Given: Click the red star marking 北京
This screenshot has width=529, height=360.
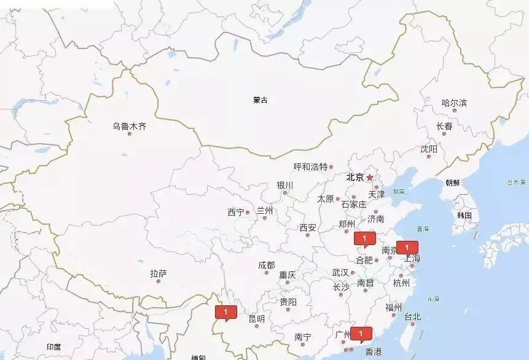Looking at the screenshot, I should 369,178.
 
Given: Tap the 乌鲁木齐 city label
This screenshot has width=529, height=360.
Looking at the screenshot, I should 129,127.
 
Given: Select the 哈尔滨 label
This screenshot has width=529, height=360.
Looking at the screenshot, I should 454,103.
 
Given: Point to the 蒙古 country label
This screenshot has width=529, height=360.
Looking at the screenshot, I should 261,100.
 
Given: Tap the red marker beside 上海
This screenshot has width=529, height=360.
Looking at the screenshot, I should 407,248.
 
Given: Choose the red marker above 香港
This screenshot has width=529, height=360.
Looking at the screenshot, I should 361,334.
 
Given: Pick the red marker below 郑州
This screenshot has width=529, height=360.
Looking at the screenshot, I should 364,238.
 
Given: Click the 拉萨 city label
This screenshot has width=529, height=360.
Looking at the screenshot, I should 158,273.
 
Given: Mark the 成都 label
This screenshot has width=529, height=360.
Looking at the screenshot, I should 267,265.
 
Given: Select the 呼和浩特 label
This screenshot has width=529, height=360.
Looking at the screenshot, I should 310,166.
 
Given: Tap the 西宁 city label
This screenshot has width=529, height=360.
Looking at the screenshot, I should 235,213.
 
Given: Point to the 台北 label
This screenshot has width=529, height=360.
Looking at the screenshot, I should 412,317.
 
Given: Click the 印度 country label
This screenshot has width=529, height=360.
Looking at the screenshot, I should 53,347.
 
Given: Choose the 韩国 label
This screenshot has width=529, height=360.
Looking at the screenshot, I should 464,216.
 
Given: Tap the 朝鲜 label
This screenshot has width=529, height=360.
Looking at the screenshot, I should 452,182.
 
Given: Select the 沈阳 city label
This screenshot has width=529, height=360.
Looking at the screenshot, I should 429,149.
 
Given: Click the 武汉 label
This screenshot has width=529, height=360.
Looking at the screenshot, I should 340,272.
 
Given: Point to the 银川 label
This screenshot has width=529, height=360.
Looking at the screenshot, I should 284,185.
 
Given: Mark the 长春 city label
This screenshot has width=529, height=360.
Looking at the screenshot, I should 444,126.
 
